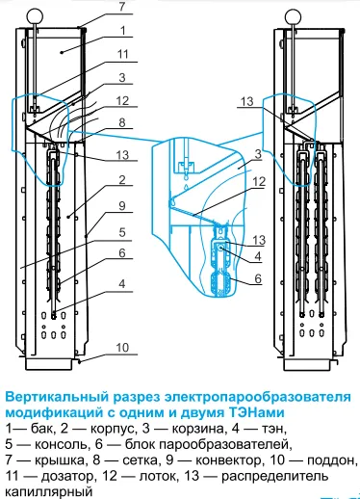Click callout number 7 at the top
[122, 7]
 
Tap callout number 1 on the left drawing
[122, 31]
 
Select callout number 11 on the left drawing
[123, 54]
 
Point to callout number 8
[122, 122]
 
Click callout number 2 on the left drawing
[122, 180]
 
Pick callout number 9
[122, 206]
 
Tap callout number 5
[122, 232]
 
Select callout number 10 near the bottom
[122, 348]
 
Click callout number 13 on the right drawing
[247, 101]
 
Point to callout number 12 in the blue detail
[259, 182]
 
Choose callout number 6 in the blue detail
[258, 278]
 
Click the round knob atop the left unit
[34, 15]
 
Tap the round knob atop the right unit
[293, 15]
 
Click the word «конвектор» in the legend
[228, 460]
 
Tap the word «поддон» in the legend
[331, 460]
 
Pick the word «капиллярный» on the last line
[49, 492]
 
